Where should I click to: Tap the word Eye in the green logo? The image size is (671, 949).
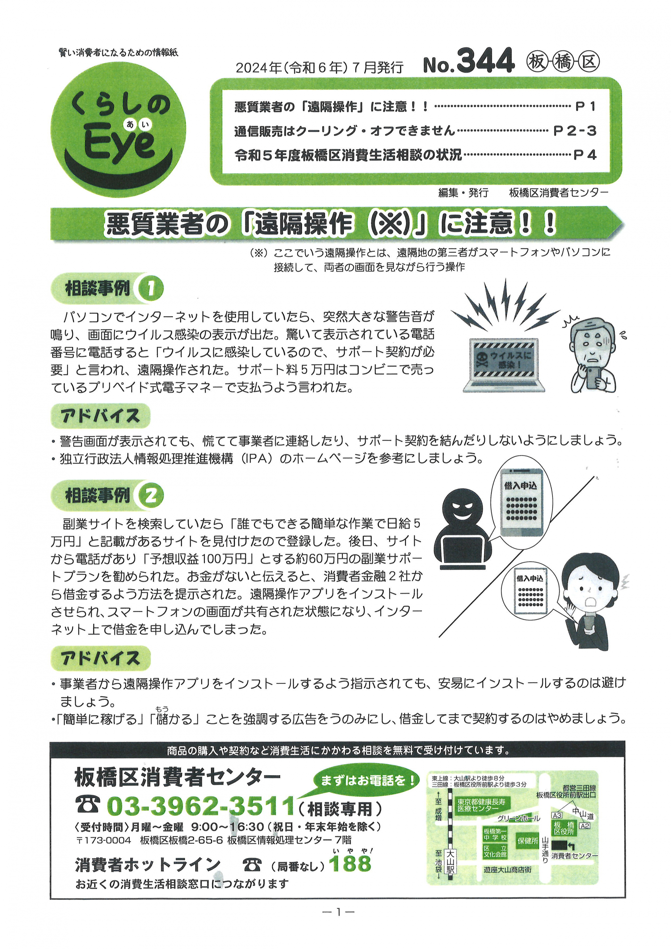(x=120, y=142)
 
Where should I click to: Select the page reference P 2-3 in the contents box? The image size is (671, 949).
(x=575, y=131)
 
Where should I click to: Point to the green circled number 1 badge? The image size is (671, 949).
(x=150, y=288)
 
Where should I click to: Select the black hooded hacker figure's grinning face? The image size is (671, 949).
(x=462, y=508)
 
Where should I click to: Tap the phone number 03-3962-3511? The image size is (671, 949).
(x=200, y=806)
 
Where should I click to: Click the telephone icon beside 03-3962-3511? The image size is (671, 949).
(x=88, y=805)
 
